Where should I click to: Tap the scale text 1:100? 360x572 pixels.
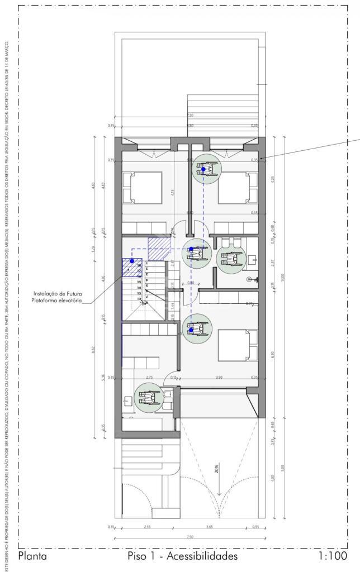pos(333,556)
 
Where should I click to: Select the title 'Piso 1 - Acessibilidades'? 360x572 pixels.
pos(183,556)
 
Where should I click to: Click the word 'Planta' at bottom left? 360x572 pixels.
pos(32,556)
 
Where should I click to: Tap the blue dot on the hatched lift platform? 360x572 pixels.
pos(132,261)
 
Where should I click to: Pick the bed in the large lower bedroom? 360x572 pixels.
pos(238,347)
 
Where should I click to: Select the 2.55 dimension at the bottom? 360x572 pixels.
pos(148,527)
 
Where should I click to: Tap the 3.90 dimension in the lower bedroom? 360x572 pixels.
pos(220,377)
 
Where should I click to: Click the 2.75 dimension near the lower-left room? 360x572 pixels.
pos(149,377)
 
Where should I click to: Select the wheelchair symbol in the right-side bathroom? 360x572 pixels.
pos(230,259)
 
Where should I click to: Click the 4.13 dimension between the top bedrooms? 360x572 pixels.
pos(173,192)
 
